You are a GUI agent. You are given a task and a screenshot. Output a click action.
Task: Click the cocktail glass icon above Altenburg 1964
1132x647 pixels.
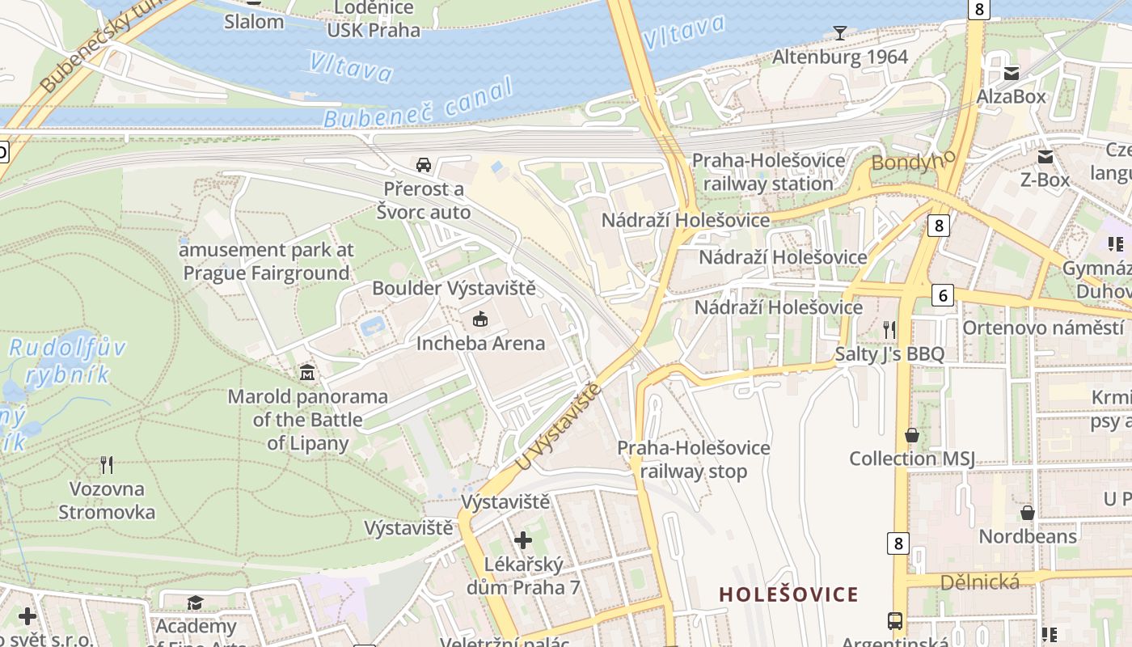tap(840, 33)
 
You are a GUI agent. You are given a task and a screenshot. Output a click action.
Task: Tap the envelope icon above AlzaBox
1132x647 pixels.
tap(1011, 74)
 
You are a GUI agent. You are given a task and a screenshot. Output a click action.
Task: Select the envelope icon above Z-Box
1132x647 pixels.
tap(1045, 156)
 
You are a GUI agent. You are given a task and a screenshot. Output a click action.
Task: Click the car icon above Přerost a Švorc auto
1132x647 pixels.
tap(423, 165)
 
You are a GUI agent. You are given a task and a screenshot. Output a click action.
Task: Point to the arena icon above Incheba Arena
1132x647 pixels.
tap(480, 319)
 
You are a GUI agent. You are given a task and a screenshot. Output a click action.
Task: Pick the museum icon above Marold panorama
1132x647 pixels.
tap(307, 373)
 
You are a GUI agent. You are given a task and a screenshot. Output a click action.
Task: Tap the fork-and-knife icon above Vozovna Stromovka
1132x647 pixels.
tap(106, 465)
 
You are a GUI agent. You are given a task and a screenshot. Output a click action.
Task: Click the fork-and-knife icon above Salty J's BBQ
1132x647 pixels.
tap(889, 329)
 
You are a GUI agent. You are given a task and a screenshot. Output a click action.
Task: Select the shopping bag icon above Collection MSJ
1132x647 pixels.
tap(912, 435)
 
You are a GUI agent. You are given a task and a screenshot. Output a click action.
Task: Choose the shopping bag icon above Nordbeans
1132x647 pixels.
tap(1027, 513)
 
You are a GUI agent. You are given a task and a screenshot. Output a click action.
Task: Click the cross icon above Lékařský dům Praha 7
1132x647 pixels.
tap(523, 539)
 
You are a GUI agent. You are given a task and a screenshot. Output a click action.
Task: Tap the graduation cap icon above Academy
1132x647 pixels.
tap(195, 603)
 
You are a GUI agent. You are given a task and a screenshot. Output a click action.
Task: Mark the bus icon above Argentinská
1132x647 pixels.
tap(895, 621)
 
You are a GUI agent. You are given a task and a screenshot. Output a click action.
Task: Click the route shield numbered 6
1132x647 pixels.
tap(942, 295)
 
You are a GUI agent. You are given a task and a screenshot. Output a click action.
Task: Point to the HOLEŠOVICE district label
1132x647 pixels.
tap(788, 595)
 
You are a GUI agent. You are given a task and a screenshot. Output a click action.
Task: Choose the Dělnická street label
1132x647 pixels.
tap(979, 581)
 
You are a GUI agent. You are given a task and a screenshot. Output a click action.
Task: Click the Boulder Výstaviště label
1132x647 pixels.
tap(454, 288)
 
